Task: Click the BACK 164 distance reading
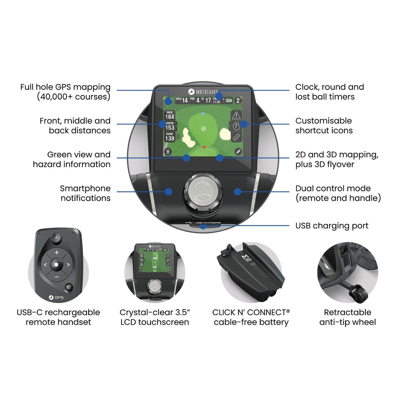170,115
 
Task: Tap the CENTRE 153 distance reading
170,126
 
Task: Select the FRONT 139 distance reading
170,137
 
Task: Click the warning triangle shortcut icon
236,115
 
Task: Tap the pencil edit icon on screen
238,152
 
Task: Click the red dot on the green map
204,147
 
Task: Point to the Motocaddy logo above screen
202,92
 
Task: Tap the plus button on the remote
57,252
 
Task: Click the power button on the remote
69,288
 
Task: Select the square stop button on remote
57,265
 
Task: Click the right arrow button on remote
68,265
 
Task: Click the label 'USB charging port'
332,226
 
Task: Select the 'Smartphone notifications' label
85,193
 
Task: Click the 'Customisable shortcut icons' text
324,126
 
